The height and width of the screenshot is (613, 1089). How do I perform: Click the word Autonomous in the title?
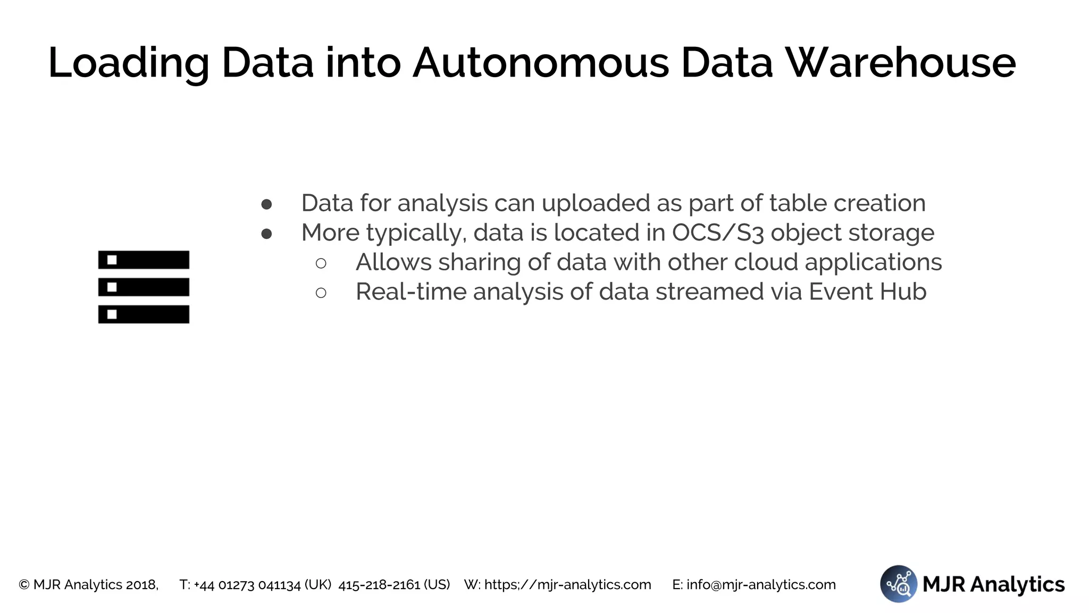pyautogui.click(x=540, y=63)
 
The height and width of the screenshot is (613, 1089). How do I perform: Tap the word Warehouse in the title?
pyautogui.click(x=901, y=63)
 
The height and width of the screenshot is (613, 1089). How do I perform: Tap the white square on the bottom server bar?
pyautogui.click(x=112, y=314)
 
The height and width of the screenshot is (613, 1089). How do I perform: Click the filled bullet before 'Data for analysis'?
pyautogui.click(x=267, y=204)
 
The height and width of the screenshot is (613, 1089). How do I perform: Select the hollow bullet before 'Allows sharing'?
pyautogui.click(x=321, y=263)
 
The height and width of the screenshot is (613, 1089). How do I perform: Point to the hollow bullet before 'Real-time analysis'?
pyautogui.click(x=321, y=293)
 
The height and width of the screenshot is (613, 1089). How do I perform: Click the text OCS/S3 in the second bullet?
pyautogui.click(x=718, y=233)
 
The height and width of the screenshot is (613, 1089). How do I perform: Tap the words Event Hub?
pyautogui.click(x=867, y=292)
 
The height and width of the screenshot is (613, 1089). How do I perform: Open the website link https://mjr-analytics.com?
pyautogui.click(x=567, y=585)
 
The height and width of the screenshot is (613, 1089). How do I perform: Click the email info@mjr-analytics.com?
pyautogui.click(x=761, y=585)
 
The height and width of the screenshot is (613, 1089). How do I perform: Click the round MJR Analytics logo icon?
pyautogui.click(x=898, y=584)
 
